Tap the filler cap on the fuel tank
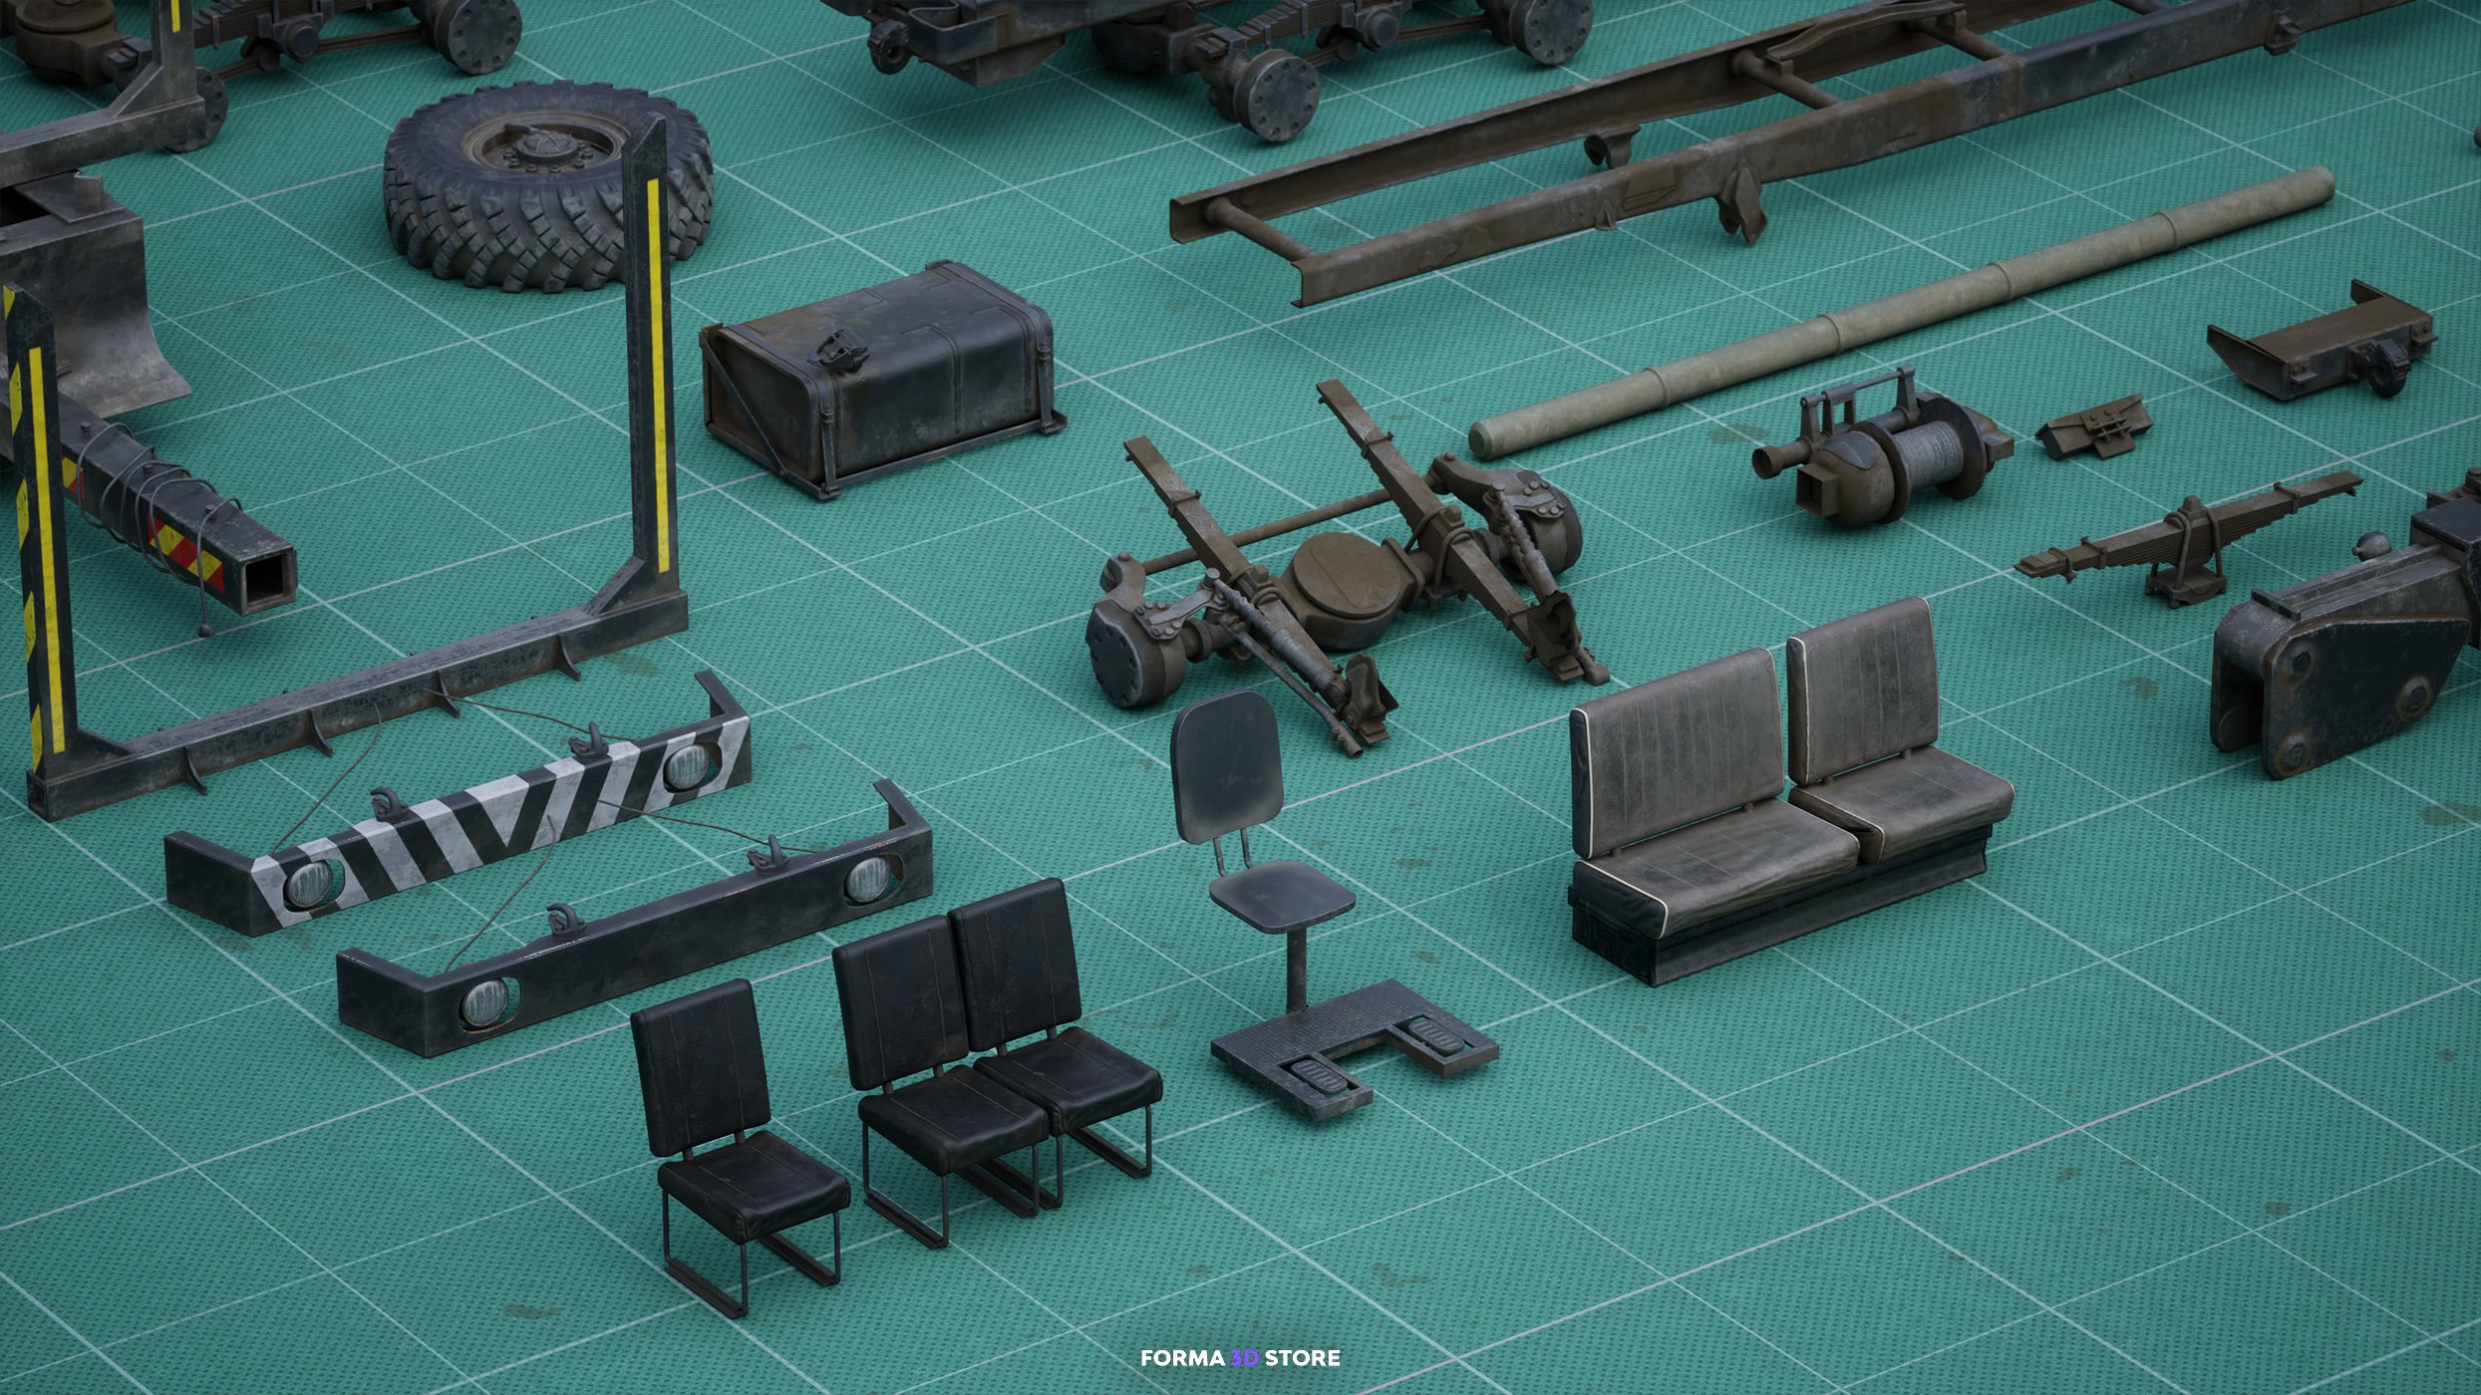pos(828,344)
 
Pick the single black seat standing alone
pos(738,1136)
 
